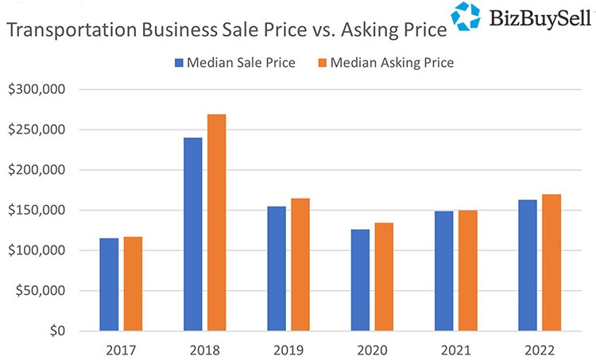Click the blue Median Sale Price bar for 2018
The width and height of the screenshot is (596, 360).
point(192,234)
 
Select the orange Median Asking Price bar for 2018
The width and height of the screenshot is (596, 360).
point(216,223)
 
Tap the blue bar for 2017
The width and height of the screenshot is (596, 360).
point(109,285)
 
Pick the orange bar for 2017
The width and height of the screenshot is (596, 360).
point(133,284)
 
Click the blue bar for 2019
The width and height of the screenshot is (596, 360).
point(277,269)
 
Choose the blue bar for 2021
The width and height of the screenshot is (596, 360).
point(443,271)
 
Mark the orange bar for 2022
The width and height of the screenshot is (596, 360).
point(551,262)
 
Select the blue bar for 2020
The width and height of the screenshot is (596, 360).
point(360,280)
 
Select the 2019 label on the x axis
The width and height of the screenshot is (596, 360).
point(288,350)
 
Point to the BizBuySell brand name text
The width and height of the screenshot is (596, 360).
point(539,17)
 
